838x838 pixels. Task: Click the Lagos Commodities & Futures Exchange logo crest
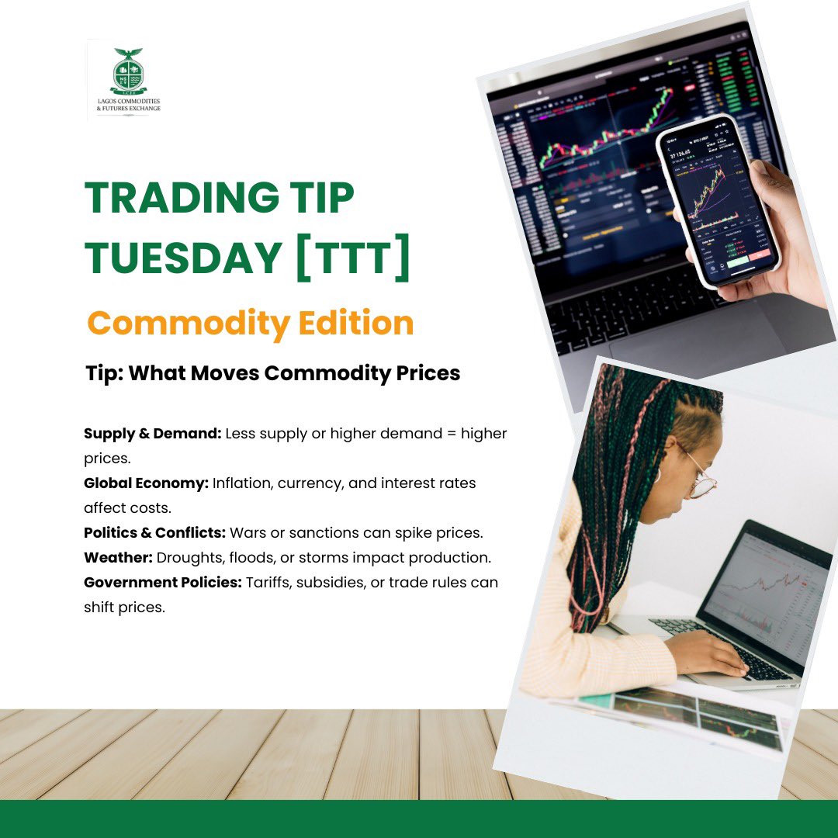128,73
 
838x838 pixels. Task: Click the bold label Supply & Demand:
152,433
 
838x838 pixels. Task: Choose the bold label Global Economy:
146,483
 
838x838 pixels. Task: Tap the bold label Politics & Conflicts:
155,534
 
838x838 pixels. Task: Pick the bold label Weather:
118,558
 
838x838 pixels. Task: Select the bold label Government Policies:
163,583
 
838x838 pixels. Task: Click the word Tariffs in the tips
268,583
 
